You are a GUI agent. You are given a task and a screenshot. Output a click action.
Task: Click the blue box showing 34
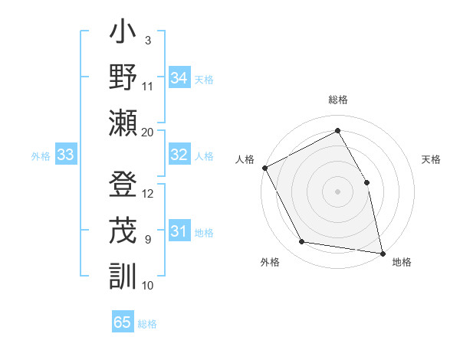click(x=179, y=78)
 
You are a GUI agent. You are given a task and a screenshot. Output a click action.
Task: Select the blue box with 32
click(x=179, y=155)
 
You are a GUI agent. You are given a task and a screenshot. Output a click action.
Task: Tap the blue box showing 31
click(x=179, y=232)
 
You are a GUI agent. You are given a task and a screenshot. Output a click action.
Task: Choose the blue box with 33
click(x=66, y=155)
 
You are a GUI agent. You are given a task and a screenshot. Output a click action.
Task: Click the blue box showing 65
click(x=123, y=322)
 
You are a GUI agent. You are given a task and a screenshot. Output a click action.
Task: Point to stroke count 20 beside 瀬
click(x=148, y=133)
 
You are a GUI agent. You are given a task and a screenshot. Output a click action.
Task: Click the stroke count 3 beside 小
click(x=148, y=40)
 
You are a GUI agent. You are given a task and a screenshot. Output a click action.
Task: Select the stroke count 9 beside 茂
click(x=148, y=240)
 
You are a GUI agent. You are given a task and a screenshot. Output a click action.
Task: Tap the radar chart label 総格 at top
click(x=338, y=100)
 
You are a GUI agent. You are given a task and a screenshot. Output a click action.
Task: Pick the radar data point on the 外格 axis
click(x=302, y=242)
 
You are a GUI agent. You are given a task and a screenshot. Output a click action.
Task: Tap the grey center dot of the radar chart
click(x=338, y=191)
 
